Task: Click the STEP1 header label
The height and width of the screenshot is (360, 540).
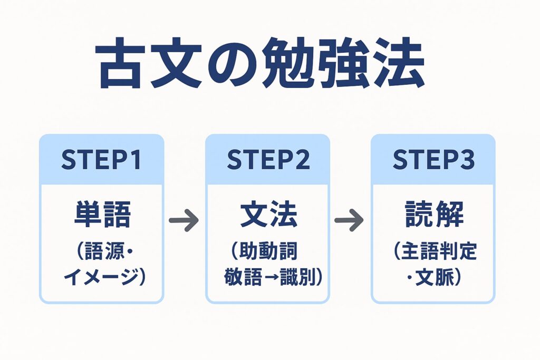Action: pyautogui.click(x=101, y=160)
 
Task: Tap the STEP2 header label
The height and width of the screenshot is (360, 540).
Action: pyautogui.click(x=267, y=160)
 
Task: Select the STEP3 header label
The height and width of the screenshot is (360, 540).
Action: pyautogui.click(x=433, y=160)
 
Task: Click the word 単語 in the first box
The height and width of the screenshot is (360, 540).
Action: pyautogui.click(x=102, y=215)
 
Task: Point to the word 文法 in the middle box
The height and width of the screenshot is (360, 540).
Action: pyautogui.click(x=268, y=215)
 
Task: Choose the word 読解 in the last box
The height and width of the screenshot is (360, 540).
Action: pyautogui.click(x=433, y=215)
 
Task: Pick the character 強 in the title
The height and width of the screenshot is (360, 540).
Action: pyautogui.click(x=343, y=66)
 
